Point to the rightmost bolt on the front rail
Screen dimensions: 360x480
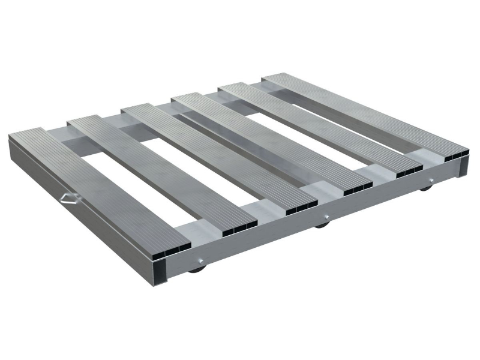tap(430, 181)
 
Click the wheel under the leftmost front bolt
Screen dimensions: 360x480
tap(196, 269)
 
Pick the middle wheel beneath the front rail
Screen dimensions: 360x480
tap(322, 224)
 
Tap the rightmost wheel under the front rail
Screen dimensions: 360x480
tap(425, 188)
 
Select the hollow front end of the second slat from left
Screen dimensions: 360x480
tap(239, 226)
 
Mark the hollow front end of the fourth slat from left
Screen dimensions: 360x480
tap(359, 187)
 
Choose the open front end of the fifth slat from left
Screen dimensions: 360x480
tap(410, 170)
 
